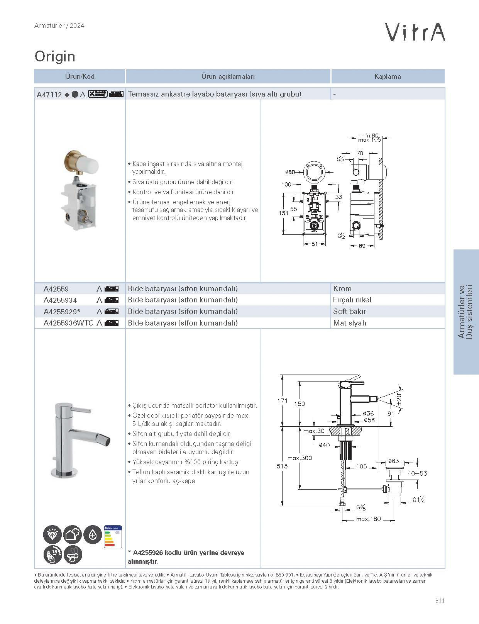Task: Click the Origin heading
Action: tap(55, 56)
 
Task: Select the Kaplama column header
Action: tap(388, 76)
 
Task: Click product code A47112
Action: tap(49, 94)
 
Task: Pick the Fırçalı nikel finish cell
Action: tap(352, 300)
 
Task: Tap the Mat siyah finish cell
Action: tap(349, 323)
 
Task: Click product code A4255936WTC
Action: tap(68, 323)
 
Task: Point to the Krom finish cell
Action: tap(342, 288)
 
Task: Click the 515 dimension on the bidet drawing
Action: tap(282, 466)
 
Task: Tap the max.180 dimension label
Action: tap(368, 519)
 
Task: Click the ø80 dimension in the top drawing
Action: tap(290, 172)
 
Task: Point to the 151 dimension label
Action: tap(284, 213)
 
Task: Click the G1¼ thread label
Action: tap(419, 500)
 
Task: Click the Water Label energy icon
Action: tap(113, 536)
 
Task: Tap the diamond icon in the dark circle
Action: tap(52, 535)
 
